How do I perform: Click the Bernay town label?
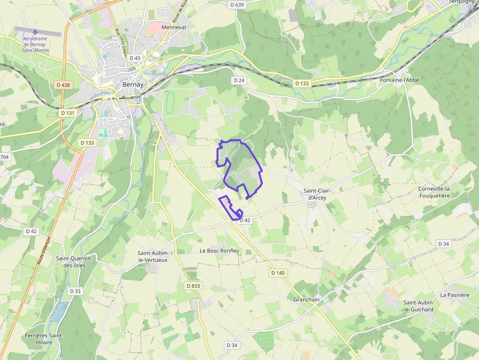(x=132, y=85)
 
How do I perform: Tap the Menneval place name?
(x=174, y=27)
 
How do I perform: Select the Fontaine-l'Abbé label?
(x=399, y=80)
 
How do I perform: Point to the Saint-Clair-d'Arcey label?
(x=314, y=194)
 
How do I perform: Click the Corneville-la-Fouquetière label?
(x=435, y=192)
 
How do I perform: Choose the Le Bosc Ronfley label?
(x=219, y=251)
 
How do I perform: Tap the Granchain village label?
(x=306, y=299)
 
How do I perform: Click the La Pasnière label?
(x=455, y=295)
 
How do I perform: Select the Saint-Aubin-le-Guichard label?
(x=418, y=306)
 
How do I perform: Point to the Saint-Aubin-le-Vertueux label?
(x=152, y=256)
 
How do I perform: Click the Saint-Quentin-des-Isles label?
(x=71, y=262)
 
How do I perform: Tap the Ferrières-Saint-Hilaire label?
(x=44, y=339)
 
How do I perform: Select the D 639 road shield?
(x=236, y=5)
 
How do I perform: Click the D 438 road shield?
(x=64, y=85)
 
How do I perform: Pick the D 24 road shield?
(x=239, y=80)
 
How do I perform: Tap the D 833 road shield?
(x=193, y=285)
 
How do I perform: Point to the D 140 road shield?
(x=277, y=273)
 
